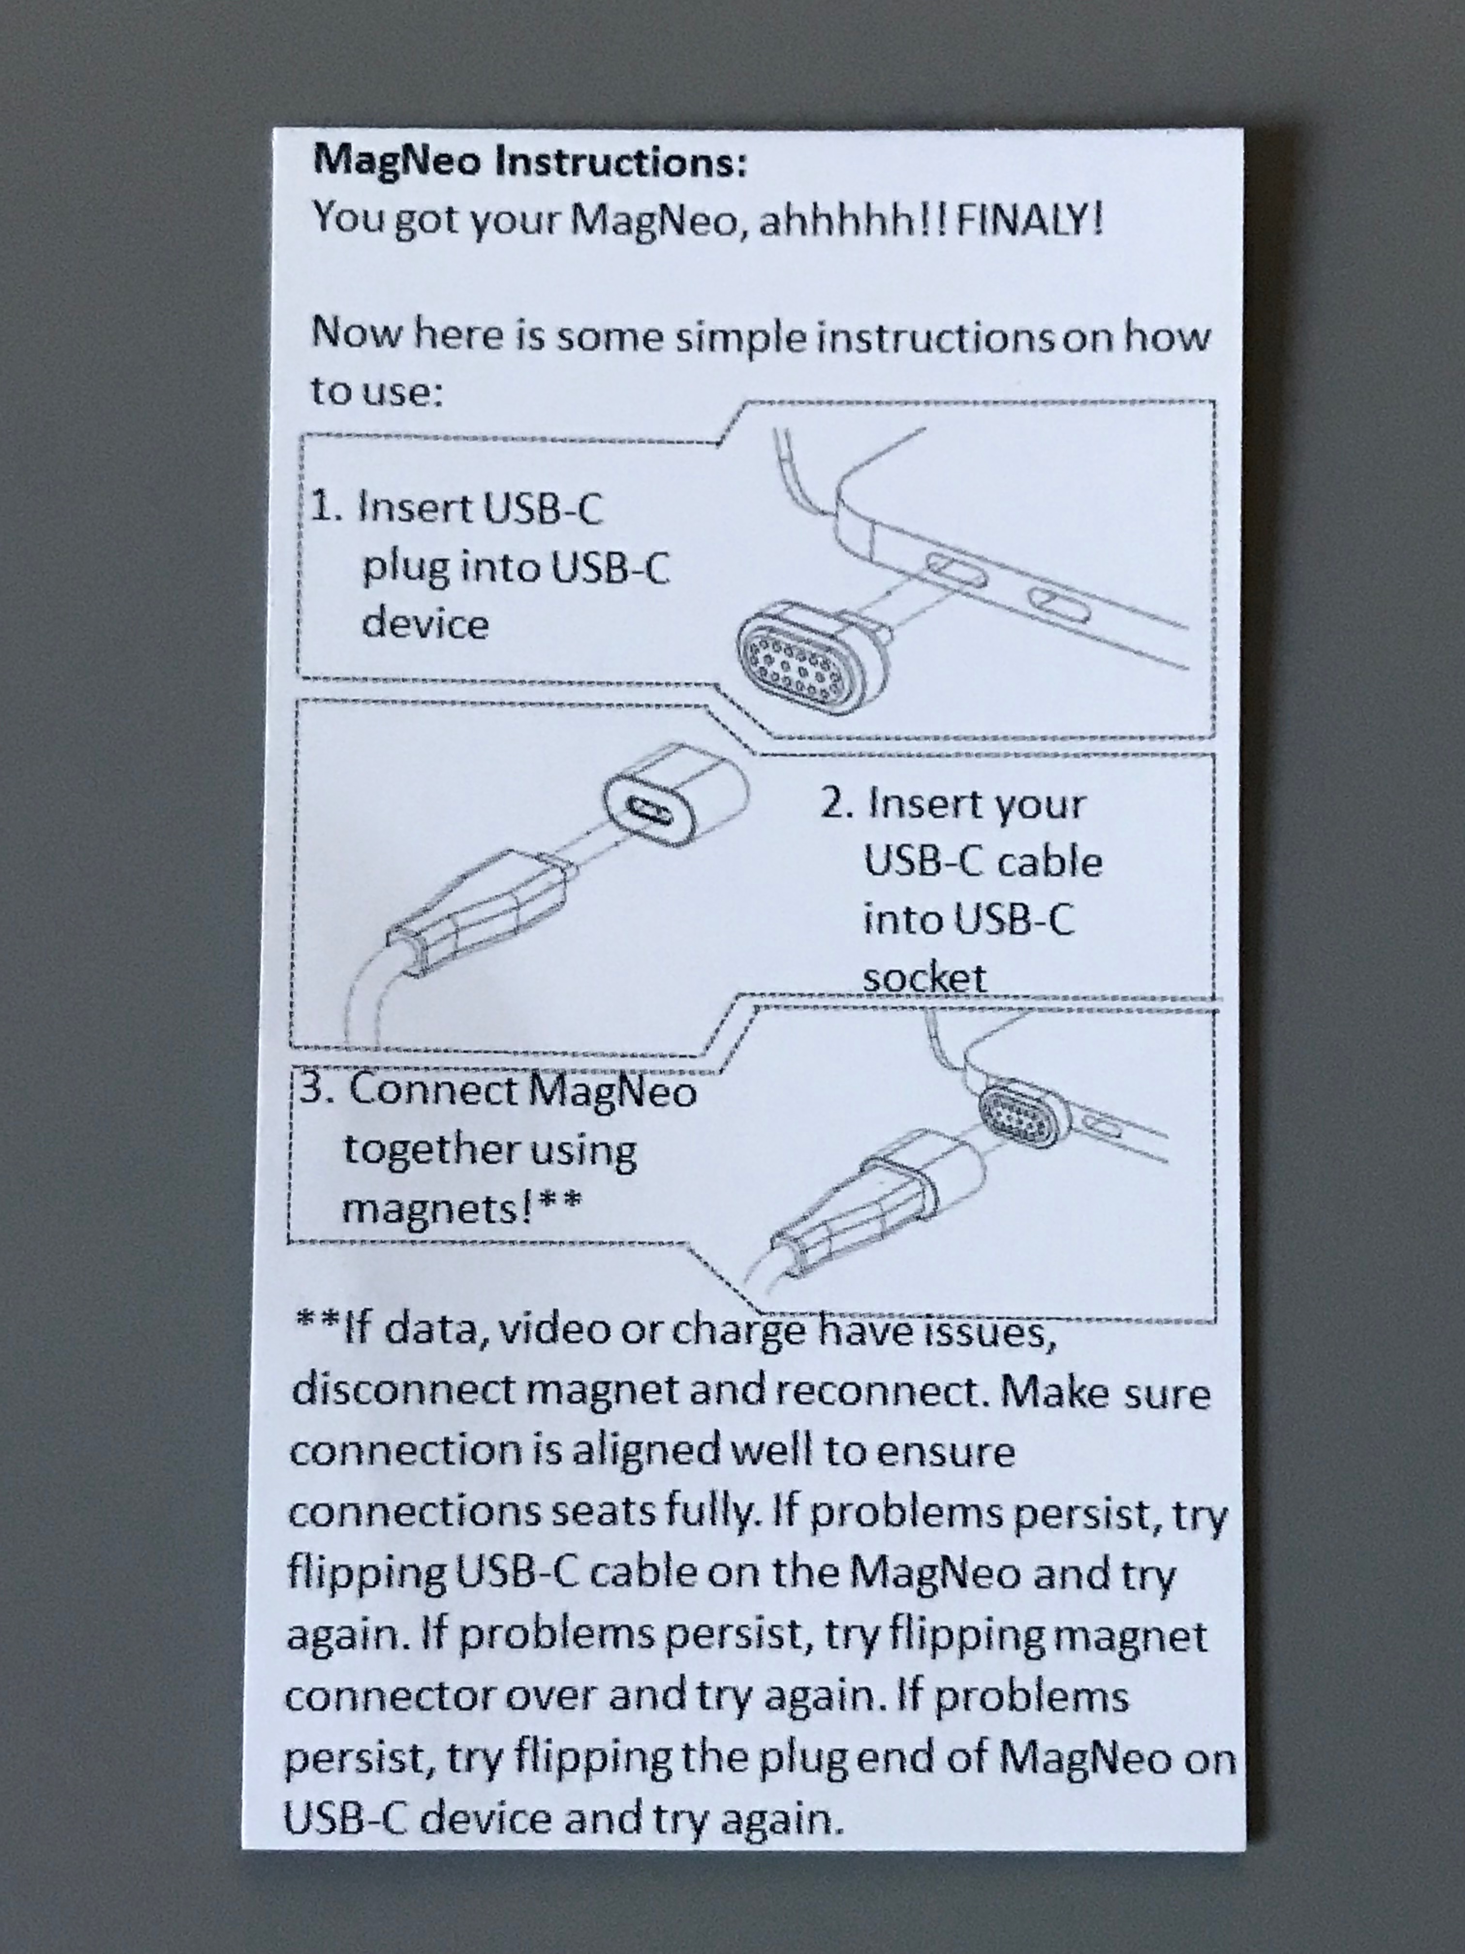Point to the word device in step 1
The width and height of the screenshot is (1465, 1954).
pyautogui.click(x=425, y=623)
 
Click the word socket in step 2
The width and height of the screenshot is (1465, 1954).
pyautogui.click(x=924, y=977)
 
